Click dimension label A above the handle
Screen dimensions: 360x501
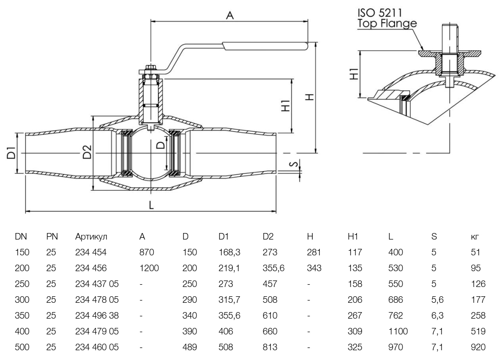pyautogui.click(x=230, y=15)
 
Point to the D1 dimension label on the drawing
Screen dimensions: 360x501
pyautogui.click(x=12, y=153)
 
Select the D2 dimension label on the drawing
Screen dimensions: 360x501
pyautogui.click(x=87, y=152)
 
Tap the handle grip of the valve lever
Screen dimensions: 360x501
pyautogui.click(x=265, y=46)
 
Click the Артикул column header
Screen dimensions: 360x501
pyautogui.click(x=91, y=237)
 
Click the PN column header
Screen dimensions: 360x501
pyautogui.click(x=51, y=237)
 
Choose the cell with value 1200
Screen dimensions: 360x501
pyautogui.click(x=148, y=268)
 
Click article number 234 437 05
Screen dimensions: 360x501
pyautogui.click(x=97, y=284)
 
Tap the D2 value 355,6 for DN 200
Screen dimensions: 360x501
pyautogui.click(x=272, y=268)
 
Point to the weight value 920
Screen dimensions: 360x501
pyautogui.click(x=478, y=347)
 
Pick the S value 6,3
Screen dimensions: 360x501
pyautogui.click(x=437, y=316)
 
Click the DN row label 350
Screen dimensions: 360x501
pyautogui.click(x=22, y=316)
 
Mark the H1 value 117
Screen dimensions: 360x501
pyautogui.click(x=355, y=253)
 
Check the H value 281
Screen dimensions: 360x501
pyautogui.click(x=314, y=253)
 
